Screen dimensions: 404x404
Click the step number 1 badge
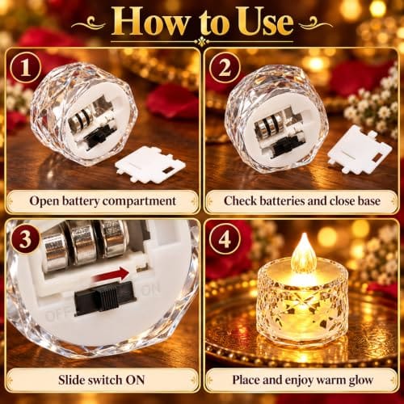coord(26,68)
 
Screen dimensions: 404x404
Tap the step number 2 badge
coord(225,68)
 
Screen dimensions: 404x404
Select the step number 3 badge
coord(26,239)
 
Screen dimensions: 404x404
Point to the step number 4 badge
coord(225,239)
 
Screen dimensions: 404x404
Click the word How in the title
coord(152,22)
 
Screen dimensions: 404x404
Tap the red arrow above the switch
coord(111,275)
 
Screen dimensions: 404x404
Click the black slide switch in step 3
coord(105,297)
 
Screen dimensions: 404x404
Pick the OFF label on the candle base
coord(57,315)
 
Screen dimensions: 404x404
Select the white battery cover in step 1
coord(150,164)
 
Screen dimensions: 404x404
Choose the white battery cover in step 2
coord(360,150)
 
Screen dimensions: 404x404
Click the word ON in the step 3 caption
coord(136,380)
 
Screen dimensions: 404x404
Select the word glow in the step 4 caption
coord(361,381)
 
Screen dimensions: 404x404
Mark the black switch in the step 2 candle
coord(284,147)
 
